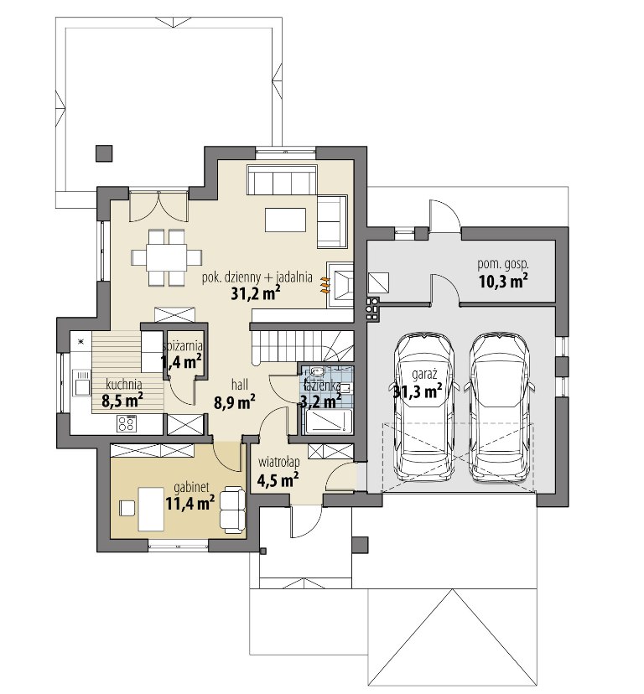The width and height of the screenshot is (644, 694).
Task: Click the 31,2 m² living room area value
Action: point(255,293)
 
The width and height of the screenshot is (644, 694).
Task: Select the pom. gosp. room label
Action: point(503,265)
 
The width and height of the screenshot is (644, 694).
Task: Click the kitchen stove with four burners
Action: point(127,422)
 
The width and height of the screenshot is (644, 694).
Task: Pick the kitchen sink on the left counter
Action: point(82,382)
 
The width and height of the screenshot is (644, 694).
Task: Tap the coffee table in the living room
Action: point(286,220)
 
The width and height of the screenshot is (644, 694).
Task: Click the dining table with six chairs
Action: point(167,256)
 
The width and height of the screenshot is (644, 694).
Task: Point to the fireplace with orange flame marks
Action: point(340,283)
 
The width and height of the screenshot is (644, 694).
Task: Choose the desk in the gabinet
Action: point(152,508)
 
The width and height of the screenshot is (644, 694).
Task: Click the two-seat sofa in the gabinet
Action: point(232,508)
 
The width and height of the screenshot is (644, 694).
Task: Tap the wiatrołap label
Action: point(279,462)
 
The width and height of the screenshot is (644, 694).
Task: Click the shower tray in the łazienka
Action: point(327,421)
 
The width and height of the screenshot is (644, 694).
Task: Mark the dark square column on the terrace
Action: point(104,153)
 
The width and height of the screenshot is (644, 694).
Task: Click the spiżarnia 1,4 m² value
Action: point(182,362)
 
